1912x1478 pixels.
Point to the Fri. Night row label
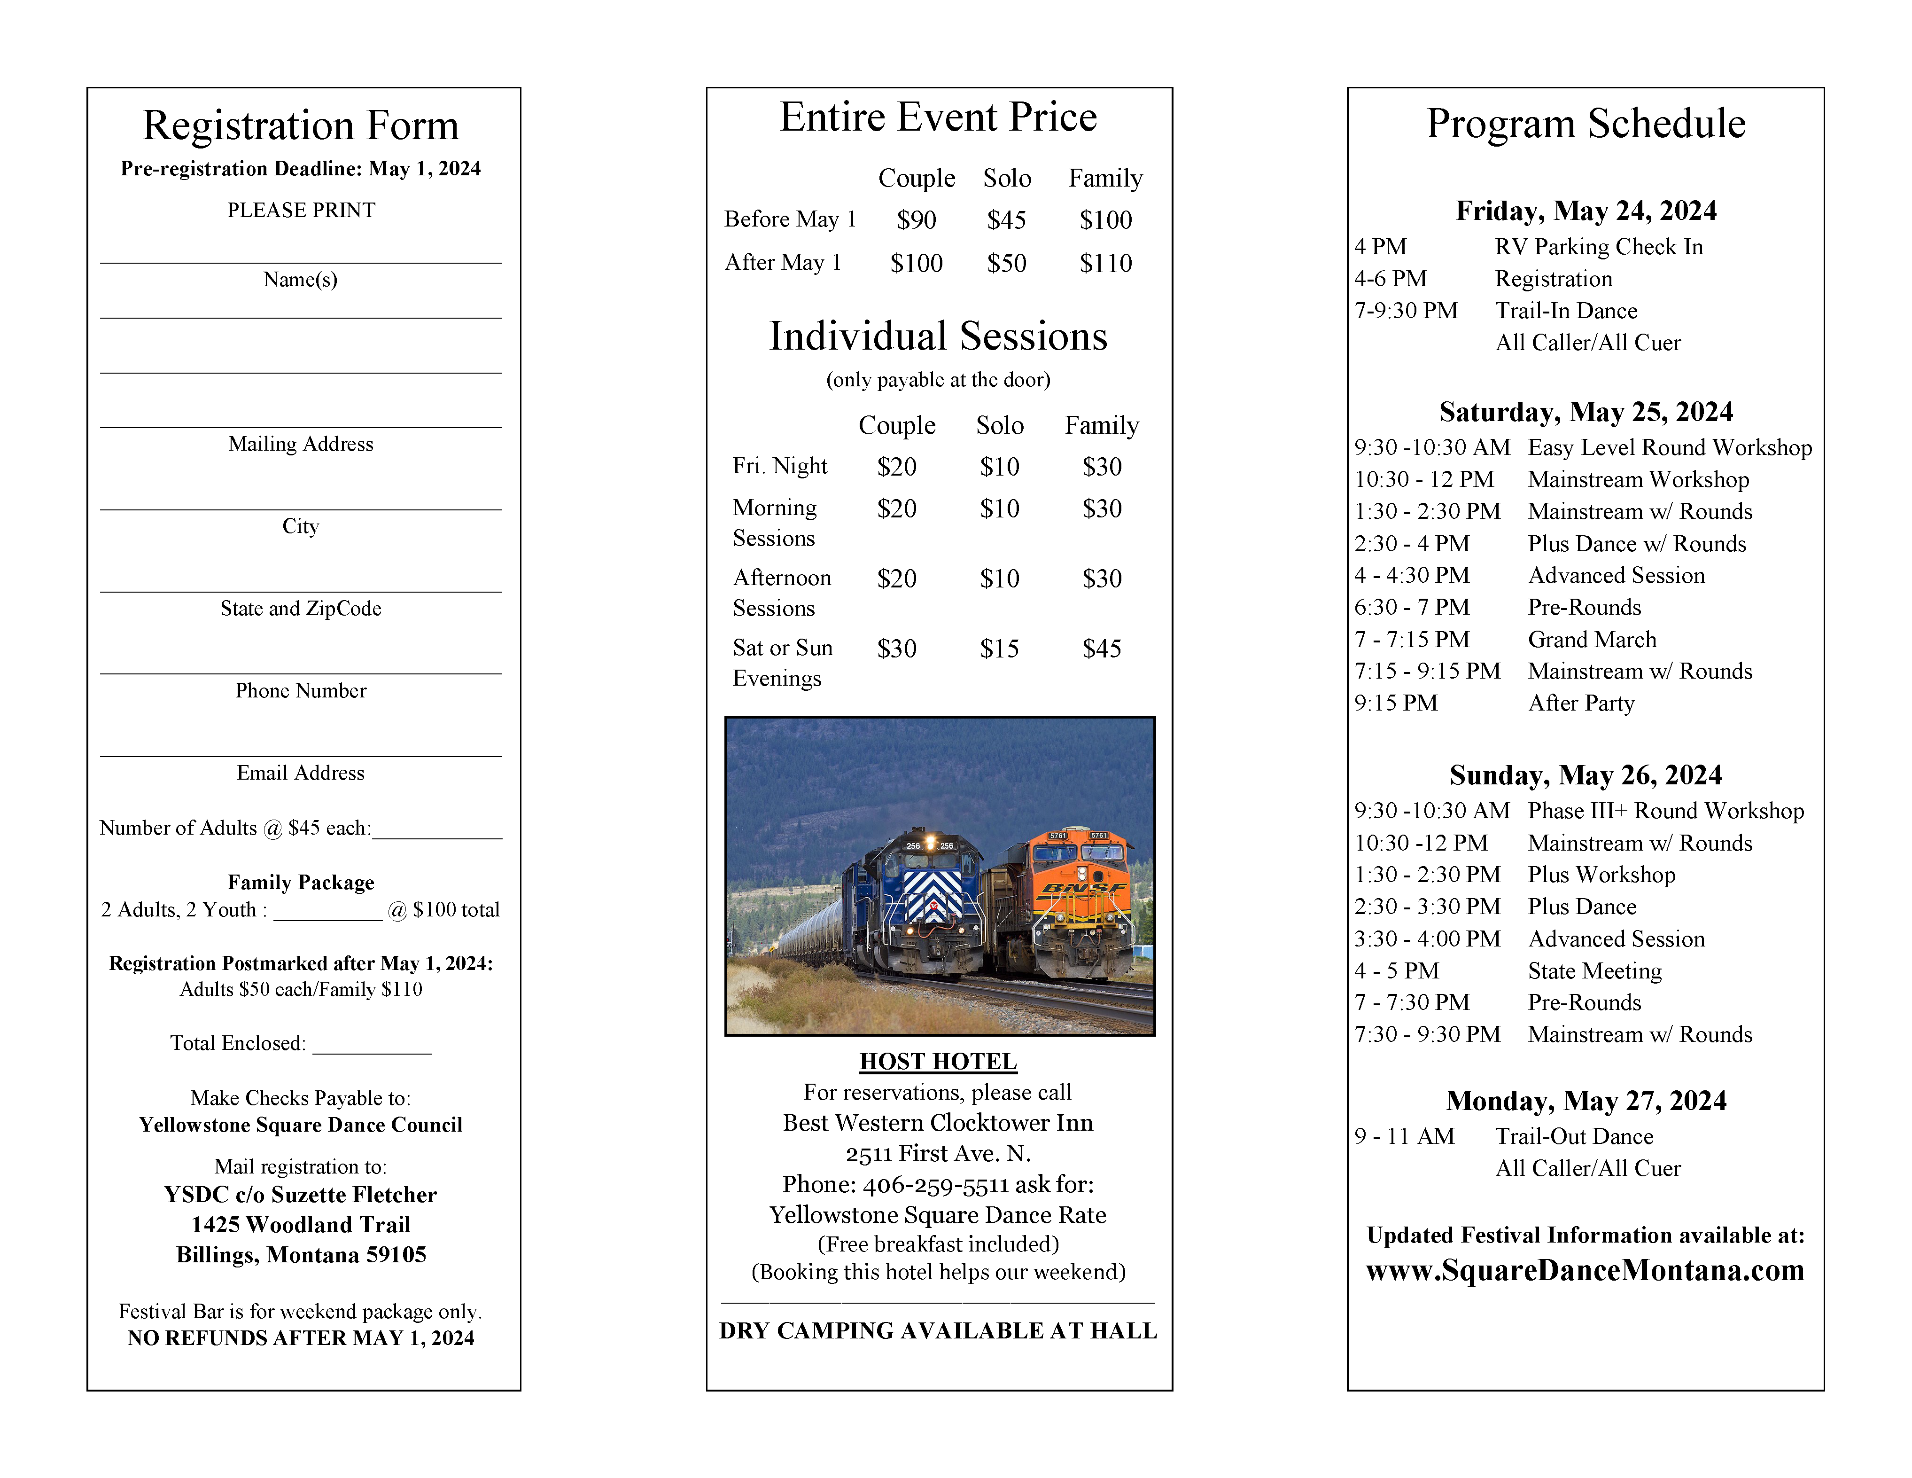(779, 466)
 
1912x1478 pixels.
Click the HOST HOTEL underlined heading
(938, 1061)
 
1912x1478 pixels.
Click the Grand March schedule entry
(1592, 639)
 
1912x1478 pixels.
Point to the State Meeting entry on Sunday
(1594, 970)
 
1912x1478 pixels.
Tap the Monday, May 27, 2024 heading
(1586, 1100)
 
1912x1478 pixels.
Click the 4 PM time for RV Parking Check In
(1380, 247)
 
